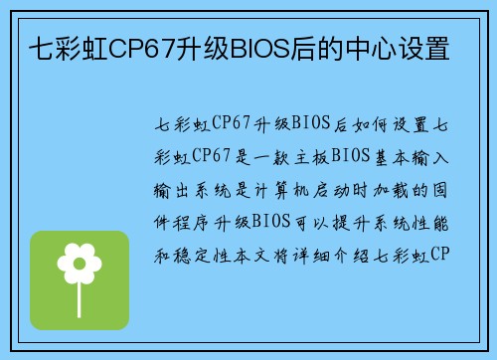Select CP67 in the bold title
point(144,47)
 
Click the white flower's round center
point(80,263)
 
